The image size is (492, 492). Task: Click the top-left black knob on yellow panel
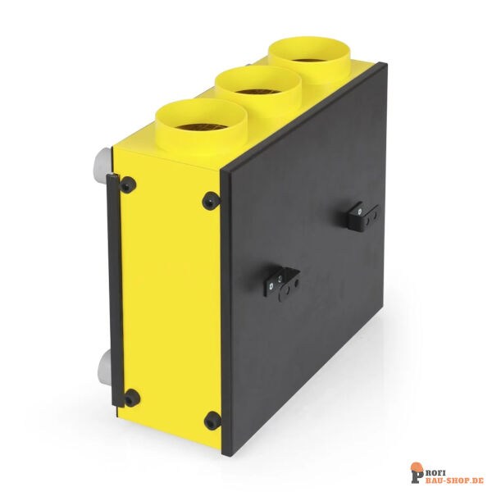(x=127, y=185)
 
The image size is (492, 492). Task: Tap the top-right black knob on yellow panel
(x=210, y=199)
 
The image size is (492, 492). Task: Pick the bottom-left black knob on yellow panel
(x=130, y=399)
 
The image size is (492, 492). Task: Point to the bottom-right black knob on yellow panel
(x=212, y=420)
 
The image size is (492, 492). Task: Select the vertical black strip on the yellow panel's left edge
(x=113, y=291)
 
